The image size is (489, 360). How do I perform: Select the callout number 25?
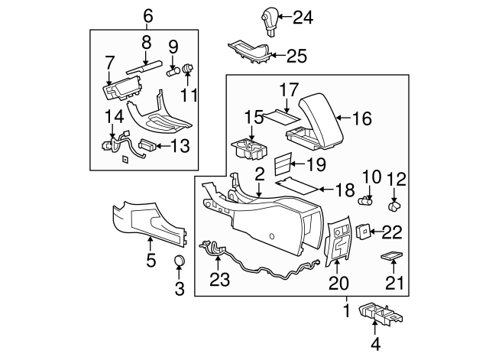click(x=296, y=55)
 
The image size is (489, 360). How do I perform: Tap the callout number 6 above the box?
click(x=147, y=15)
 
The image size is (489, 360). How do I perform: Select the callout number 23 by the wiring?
click(x=219, y=280)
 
